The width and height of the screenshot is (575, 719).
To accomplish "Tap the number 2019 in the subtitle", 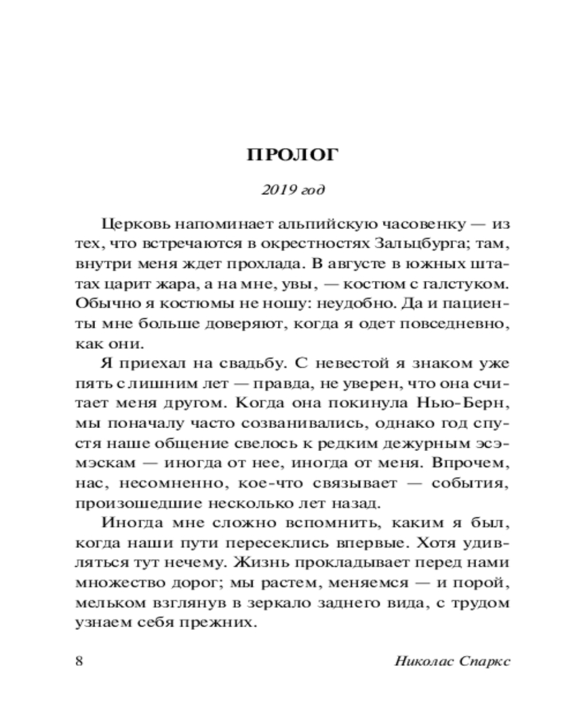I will [276, 190].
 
